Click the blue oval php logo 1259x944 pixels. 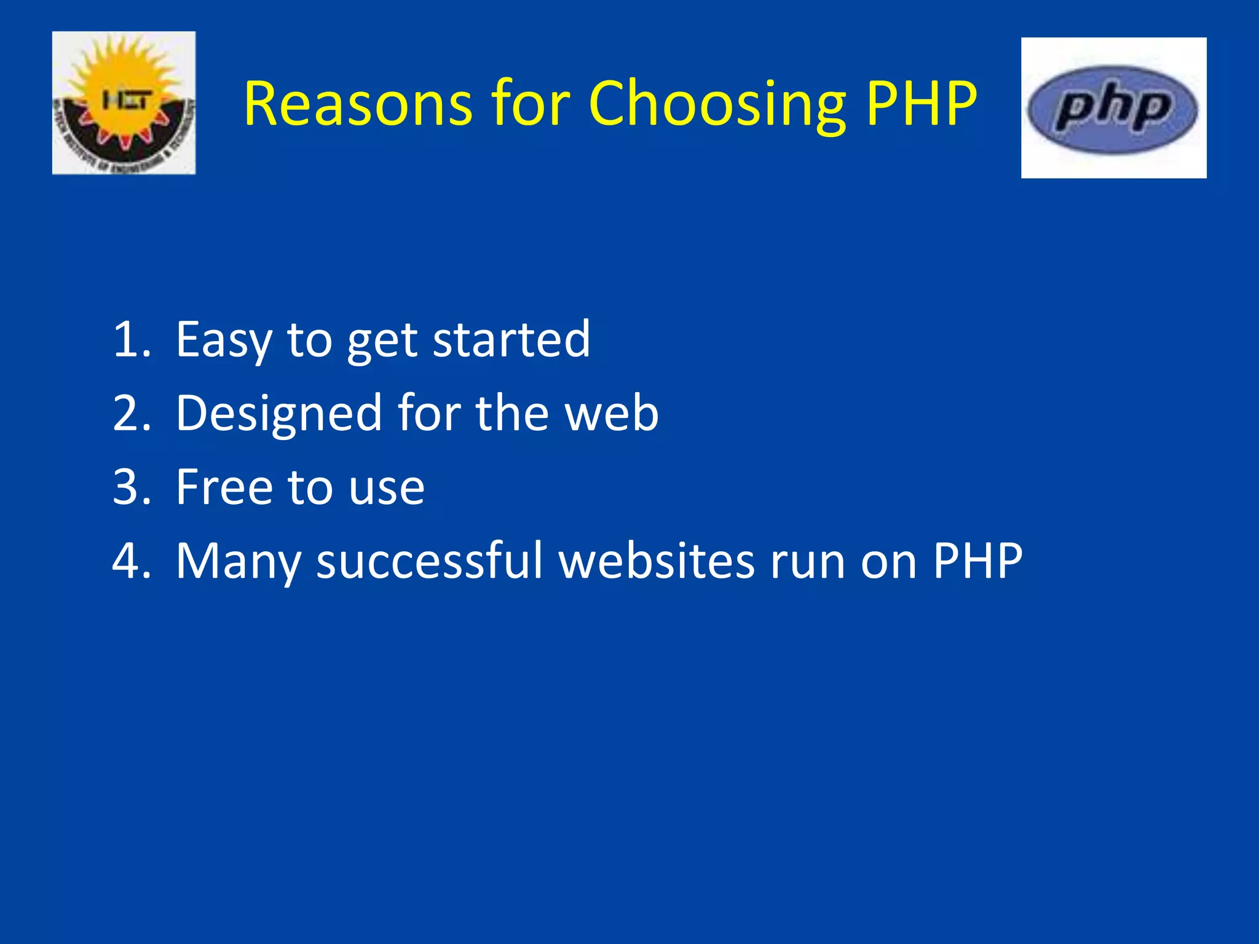click(1113, 109)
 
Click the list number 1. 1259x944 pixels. click(130, 339)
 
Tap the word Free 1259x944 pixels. click(224, 487)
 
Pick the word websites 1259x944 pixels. click(657, 560)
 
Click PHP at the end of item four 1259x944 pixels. click(977, 560)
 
